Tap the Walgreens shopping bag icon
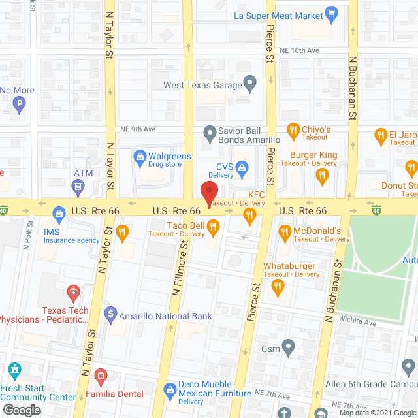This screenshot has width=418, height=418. (x=139, y=157)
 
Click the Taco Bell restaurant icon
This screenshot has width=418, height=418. (x=213, y=225)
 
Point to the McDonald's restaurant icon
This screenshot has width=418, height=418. (x=285, y=231)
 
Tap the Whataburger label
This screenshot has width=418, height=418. (x=289, y=266)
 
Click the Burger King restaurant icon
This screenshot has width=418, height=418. (x=321, y=174)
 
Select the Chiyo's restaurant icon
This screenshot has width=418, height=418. (x=292, y=130)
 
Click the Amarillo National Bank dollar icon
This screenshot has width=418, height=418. (x=110, y=316)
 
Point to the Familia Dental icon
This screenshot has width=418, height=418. (x=100, y=375)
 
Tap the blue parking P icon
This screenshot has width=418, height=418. (x=20, y=103)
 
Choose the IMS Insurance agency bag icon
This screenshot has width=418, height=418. (x=59, y=213)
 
